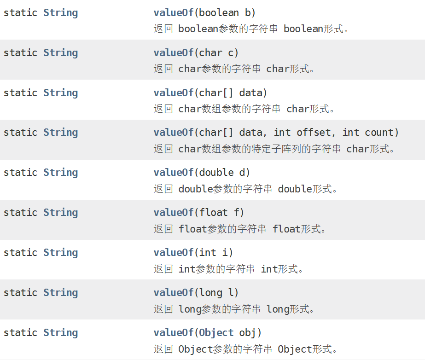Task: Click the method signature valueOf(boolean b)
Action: coord(204,13)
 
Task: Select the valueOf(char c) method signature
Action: coord(196,53)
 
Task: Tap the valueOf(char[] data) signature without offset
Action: coord(210,93)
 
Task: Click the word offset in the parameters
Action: coord(314,133)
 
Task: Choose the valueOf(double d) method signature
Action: coord(202,173)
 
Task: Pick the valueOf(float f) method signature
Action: coord(199,213)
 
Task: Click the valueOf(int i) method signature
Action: coord(193,253)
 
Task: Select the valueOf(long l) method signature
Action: coord(196,293)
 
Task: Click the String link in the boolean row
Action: coord(60,13)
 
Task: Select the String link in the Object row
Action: coord(60,333)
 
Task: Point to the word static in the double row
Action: coord(20,173)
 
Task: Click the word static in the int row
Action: coord(20,253)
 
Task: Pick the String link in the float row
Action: coord(60,213)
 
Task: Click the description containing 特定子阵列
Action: coord(274,149)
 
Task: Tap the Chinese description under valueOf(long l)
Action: coord(234,309)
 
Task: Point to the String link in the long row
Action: coord(60,293)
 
